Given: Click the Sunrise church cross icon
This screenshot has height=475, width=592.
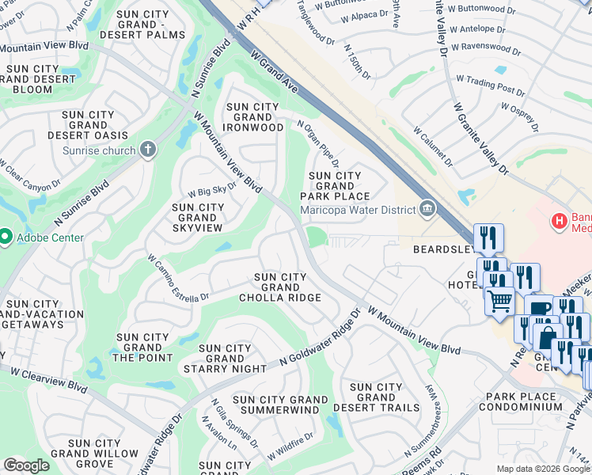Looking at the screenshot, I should [147, 150].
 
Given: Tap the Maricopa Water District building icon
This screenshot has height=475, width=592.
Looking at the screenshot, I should [427, 209].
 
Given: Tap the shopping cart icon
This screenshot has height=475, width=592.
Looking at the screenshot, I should [499, 301].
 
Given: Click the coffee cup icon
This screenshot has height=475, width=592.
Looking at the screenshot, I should [539, 309].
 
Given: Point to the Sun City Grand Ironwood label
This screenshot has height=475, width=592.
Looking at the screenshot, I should [254, 117].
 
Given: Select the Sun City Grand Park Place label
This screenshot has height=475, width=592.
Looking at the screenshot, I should [340, 186].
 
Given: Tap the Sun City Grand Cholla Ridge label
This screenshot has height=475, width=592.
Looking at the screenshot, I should [280, 287].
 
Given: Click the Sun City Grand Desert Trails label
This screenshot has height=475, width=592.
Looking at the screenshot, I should [376, 397].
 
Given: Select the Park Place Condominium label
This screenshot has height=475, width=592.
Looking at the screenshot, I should [524, 401].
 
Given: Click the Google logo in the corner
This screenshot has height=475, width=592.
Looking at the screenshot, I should [27, 465].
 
